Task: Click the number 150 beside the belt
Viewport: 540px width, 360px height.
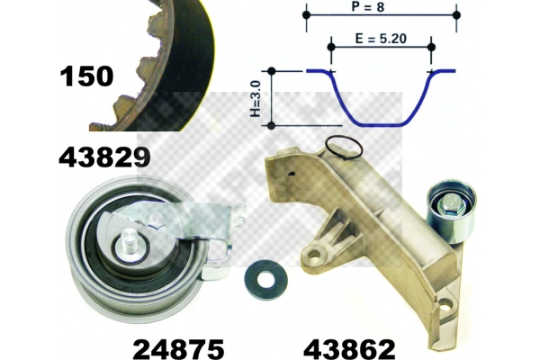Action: [x=86, y=76]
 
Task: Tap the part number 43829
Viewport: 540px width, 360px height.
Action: [x=104, y=157]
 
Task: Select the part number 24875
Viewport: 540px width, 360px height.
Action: [x=178, y=349]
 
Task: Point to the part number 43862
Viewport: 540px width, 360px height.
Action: [x=349, y=349]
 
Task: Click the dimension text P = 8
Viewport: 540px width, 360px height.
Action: [x=368, y=6]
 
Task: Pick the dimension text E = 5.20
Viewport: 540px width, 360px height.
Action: [x=381, y=39]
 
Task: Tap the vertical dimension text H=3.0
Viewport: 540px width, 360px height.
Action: [x=256, y=99]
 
